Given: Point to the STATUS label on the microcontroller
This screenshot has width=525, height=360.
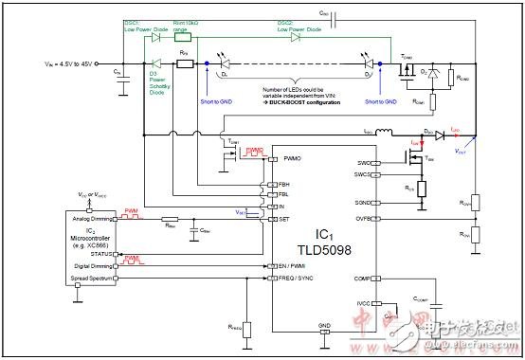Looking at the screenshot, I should pyautogui.click(x=99, y=254).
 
